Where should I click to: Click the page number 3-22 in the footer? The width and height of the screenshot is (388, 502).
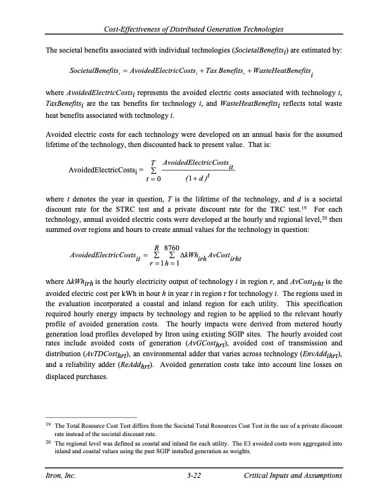pos(194,475)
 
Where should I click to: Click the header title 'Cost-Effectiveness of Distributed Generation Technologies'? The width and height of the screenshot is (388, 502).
pos(194,30)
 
